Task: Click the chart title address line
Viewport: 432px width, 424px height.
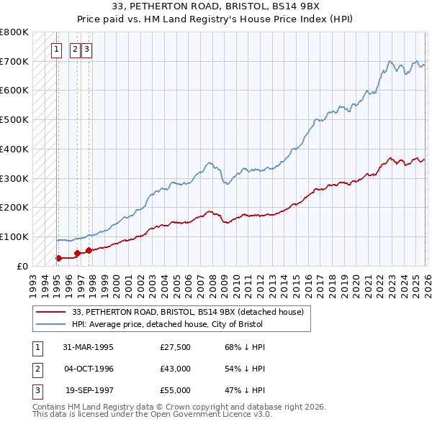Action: (x=215, y=8)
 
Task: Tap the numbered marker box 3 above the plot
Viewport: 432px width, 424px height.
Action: (x=86, y=50)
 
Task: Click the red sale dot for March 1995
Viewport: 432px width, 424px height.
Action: (x=58, y=257)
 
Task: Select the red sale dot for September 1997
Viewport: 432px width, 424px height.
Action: (x=89, y=250)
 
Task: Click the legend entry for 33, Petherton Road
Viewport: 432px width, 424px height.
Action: (x=189, y=312)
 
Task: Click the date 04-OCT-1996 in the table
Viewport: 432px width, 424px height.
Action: (x=88, y=369)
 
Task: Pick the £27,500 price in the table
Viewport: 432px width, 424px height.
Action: (x=176, y=347)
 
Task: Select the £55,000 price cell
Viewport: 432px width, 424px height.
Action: (x=176, y=390)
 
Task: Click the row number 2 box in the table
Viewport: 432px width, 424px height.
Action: (x=36, y=369)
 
